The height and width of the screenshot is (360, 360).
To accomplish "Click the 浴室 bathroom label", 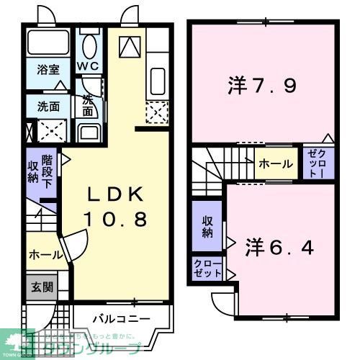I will pos(48,70).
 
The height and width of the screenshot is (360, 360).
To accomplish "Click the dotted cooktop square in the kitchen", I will pos(157,112).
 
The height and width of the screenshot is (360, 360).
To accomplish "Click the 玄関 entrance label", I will pos(41,286).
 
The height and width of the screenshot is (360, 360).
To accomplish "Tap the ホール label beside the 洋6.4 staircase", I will pos(275,164).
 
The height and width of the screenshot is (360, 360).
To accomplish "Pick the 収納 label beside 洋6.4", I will pos(207,227).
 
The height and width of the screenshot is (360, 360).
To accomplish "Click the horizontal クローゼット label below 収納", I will pos(207,269).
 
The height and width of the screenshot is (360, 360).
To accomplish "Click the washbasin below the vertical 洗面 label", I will pos(89,133).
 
